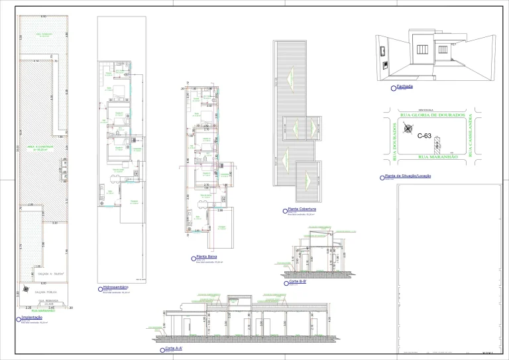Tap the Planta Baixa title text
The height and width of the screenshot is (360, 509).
[x=206, y=257]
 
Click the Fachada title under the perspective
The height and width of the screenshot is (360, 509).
[x=404, y=86]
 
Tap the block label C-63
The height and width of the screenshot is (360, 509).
[x=425, y=137]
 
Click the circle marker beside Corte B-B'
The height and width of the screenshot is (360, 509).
[x=286, y=282]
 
